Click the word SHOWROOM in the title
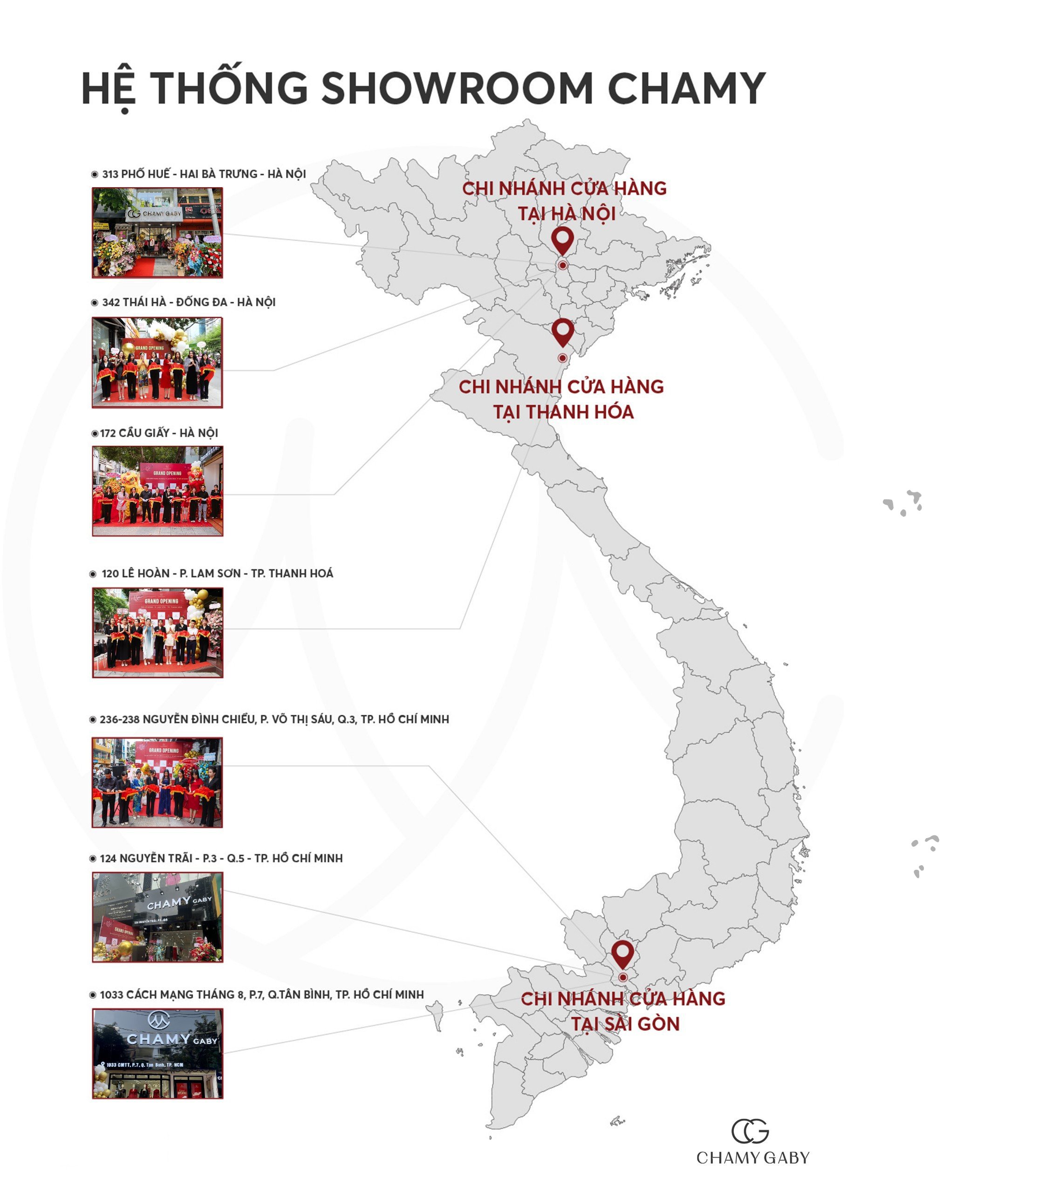[457, 88]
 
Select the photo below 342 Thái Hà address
[157, 362]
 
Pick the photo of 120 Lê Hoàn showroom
[157, 632]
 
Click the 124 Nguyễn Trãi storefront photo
[157, 917]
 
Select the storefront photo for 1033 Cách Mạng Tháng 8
[157, 1054]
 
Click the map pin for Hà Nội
[562, 240]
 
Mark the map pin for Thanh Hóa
[562, 332]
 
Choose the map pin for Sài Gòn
[622, 954]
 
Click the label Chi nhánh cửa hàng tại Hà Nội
[564, 200]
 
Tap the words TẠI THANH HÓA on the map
[563, 412]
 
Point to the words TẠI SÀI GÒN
[625, 1024]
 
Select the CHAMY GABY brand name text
[753, 1158]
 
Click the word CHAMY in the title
[686, 88]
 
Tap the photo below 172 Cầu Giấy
[157, 491]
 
